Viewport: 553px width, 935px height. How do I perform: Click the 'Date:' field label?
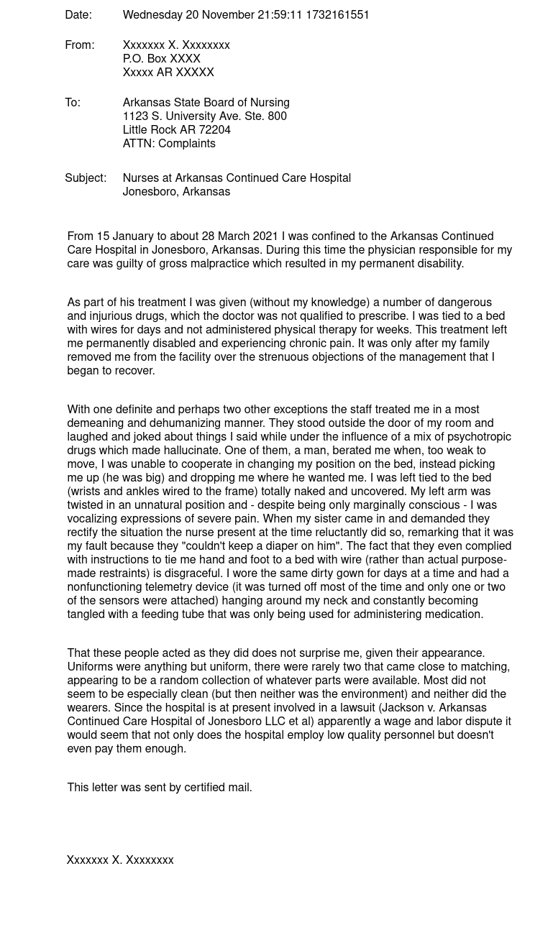tap(78, 14)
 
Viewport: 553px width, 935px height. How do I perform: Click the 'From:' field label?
tap(79, 45)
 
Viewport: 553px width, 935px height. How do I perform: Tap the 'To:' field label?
tap(73, 102)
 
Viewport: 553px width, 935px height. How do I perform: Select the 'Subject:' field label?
tap(86, 178)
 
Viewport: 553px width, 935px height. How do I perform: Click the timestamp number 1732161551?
tap(337, 14)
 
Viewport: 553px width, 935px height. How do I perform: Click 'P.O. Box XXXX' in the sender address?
tap(161, 58)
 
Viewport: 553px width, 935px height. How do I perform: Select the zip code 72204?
tap(215, 129)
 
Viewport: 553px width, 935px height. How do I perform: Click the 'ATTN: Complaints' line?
tap(169, 143)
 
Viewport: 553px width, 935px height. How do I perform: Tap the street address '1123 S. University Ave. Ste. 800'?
tap(204, 116)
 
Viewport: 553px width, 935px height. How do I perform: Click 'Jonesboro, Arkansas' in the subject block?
tap(176, 191)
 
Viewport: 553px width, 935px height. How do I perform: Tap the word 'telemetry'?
tap(183, 586)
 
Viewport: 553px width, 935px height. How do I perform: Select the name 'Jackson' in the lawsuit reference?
tap(403, 707)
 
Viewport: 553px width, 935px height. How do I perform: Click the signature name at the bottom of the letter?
tap(120, 860)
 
